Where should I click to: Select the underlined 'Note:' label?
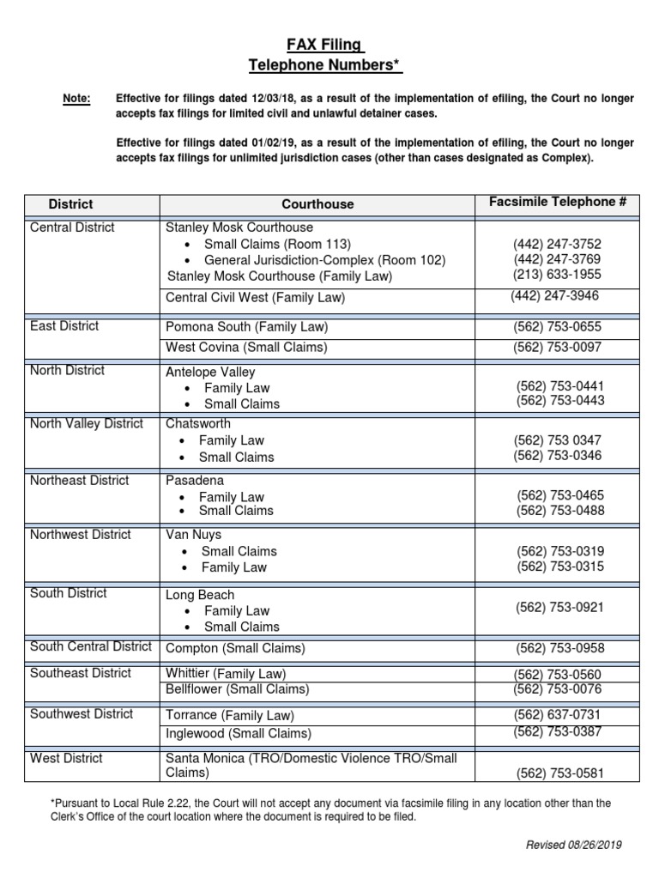click(x=76, y=99)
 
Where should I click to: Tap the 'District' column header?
click(x=70, y=204)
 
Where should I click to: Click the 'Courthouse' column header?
click(x=317, y=204)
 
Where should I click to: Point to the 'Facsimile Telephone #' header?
click(x=558, y=203)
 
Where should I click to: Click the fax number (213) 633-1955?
click(x=557, y=275)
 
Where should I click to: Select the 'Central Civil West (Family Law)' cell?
click(x=255, y=298)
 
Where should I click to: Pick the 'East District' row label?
click(x=64, y=326)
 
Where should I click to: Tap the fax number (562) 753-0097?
click(x=557, y=348)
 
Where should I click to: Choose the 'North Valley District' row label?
click(x=87, y=424)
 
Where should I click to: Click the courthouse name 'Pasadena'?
click(x=195, y=481)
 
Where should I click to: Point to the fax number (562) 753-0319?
click(x=559, y=551)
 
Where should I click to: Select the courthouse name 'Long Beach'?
click(x=200, y=595)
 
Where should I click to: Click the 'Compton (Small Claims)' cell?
click(x=235, y=648)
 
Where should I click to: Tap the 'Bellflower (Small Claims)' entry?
click(x=237, y=689)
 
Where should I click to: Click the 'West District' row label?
click(x=66, y=758)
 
